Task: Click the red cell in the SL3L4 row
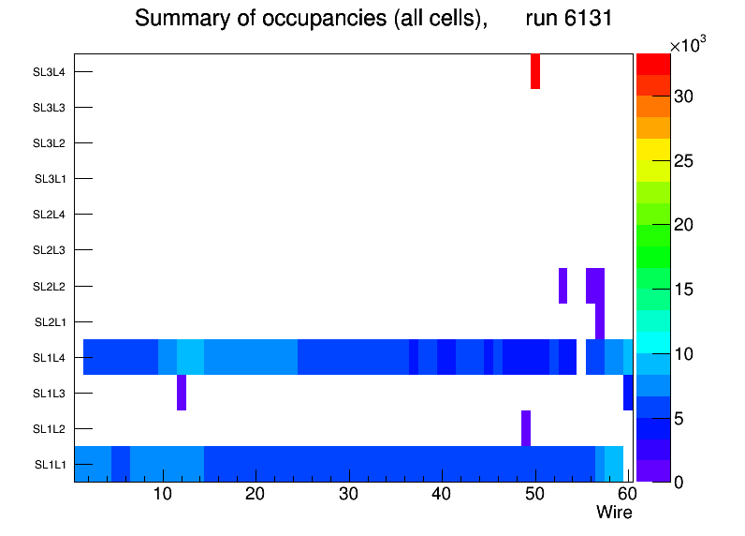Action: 535,71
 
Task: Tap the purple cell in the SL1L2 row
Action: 526,428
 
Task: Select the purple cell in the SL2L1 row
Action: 600,321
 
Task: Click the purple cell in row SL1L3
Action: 182,393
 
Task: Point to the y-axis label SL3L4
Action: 50,72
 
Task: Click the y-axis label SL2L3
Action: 50,250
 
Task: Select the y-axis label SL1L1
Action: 50,465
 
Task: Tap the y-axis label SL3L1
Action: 50,179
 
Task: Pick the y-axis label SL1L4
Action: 50,357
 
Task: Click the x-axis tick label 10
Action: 163,494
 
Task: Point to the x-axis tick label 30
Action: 349,494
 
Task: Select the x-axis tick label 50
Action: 534,494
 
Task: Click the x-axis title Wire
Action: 614,513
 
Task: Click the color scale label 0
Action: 679,482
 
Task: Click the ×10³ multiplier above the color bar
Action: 691,45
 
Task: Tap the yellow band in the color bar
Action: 653,149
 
